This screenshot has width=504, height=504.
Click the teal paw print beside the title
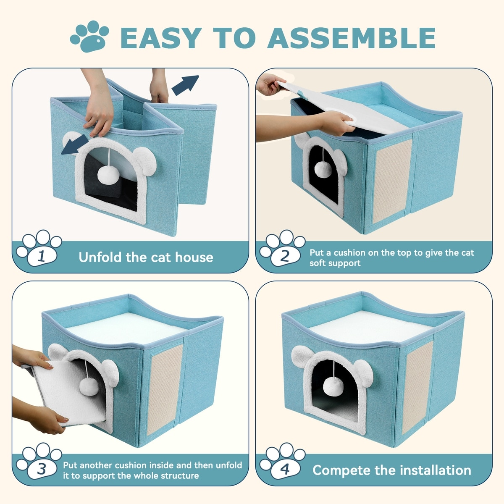pyautogui.click(x=89, y=36)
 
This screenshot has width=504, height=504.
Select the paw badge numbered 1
pyautogui.click(x=39, y=248)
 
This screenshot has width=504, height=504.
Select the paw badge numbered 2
pyautogui.click(x=282, y=248)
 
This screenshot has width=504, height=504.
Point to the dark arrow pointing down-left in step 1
pyautogui.click(x=75, y=144)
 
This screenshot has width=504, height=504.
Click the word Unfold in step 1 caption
pyautogui.click(x=100, y=257)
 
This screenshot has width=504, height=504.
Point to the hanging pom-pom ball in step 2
pyautogui.click(x=323, y=170)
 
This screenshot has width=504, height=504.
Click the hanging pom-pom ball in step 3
pyautogui.click(x=89, y=386)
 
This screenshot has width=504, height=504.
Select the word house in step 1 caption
pyautogui.click(x=194, y=257)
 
